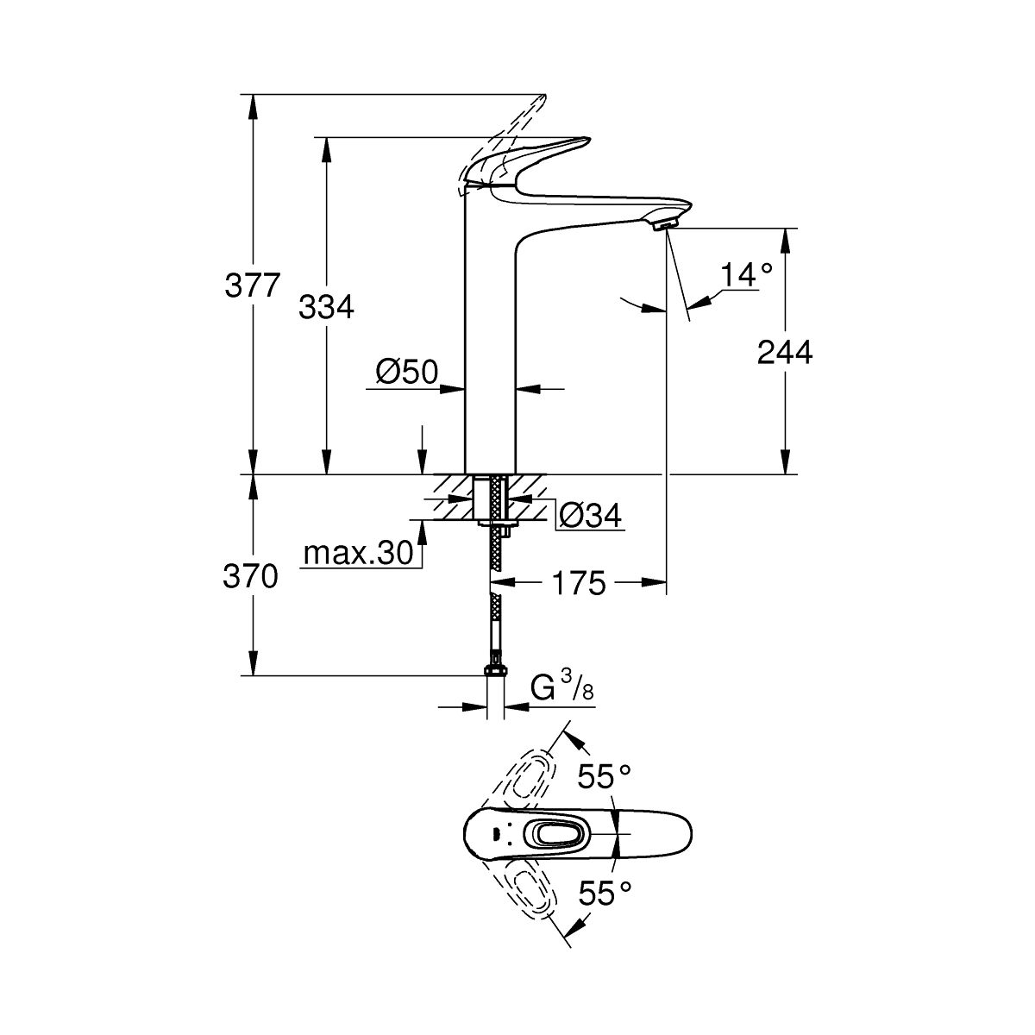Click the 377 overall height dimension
coord(253,285)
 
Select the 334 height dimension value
coord(326,306)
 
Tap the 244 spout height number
coord(785,352)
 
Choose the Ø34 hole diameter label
coord(590,516)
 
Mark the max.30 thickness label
coord(357,555)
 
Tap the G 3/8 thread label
coord(561,690)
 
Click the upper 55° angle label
coord(599,778)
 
